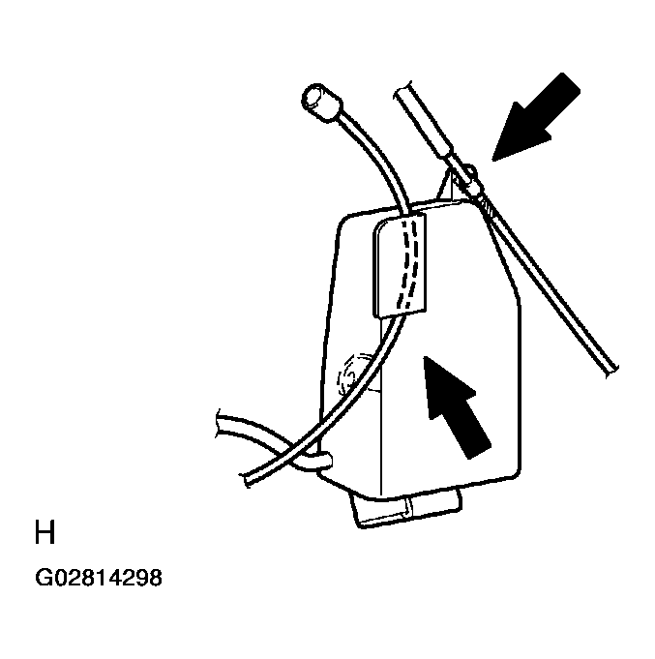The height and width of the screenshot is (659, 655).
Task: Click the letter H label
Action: [45, 532]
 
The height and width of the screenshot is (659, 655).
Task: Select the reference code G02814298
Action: [99, 578]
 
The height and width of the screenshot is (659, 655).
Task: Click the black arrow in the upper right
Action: [537, 118]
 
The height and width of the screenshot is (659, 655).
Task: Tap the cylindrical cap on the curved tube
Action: [320, 103]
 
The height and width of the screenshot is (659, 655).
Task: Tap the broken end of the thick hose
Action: [219, 424]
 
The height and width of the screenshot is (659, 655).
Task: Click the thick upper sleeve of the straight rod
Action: [425, 121]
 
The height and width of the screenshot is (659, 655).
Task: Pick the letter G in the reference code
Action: [43, 578]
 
